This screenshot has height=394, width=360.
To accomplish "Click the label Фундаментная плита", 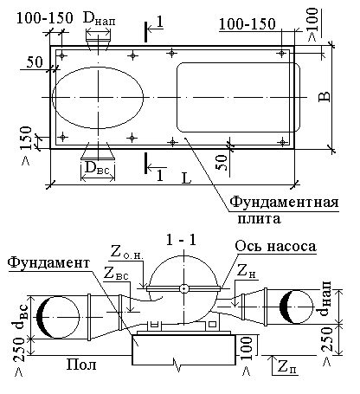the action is pos(284,210).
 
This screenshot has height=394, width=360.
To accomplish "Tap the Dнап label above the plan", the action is pos(99,19).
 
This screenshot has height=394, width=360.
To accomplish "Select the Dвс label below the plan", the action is pos(97,168).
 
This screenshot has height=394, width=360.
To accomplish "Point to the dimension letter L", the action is pos(187,178).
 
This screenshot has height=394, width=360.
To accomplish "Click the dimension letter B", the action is pos(325,97).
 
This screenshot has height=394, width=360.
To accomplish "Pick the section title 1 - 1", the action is pos(181,239).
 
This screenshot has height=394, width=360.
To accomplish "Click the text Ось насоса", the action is pos(275,246).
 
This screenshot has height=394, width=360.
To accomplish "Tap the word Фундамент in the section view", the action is pos(48,262).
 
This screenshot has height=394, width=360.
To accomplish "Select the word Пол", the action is pos(81,365).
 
